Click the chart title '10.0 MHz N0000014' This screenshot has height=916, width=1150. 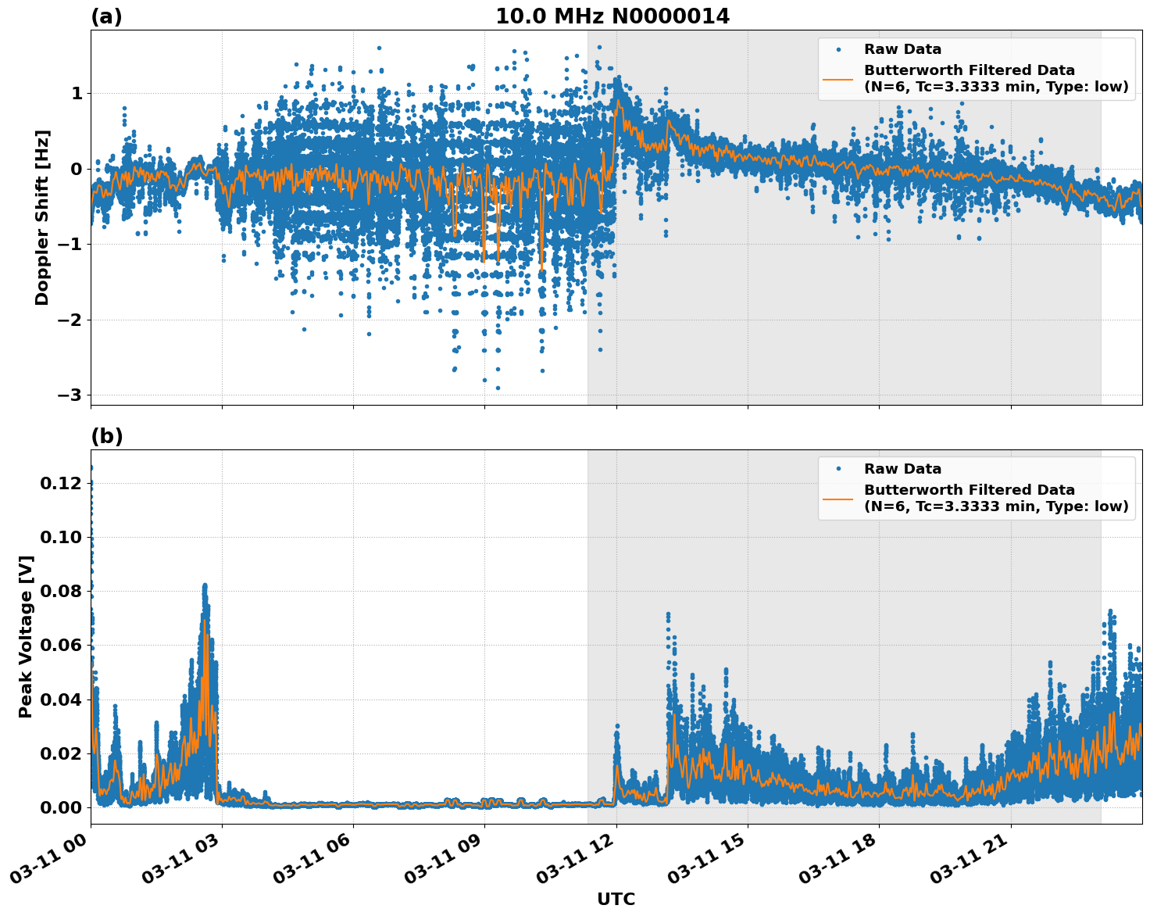click(612, 16)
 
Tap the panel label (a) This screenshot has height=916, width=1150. click(106, 16)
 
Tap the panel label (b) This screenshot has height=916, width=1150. click(106, 436)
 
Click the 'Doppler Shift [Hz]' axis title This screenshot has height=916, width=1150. click(42, 217)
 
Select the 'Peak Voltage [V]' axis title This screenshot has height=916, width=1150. click(26, 636)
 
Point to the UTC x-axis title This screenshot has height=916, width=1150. click(616, 899)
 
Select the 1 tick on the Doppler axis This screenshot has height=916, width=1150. click(77, 94)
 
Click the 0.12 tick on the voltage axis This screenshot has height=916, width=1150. click(60, 484)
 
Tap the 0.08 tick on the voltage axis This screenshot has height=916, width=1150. click(60, 592)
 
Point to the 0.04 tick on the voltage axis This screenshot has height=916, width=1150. click(60, 700)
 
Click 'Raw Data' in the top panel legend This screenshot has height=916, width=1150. click(902, 49)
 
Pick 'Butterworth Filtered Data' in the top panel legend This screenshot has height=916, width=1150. click(969, 70)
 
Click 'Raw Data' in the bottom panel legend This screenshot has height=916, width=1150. click(902, 469)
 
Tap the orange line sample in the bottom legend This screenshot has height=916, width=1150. click(838, 498)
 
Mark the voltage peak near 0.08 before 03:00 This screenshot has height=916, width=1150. click(205, 586)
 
